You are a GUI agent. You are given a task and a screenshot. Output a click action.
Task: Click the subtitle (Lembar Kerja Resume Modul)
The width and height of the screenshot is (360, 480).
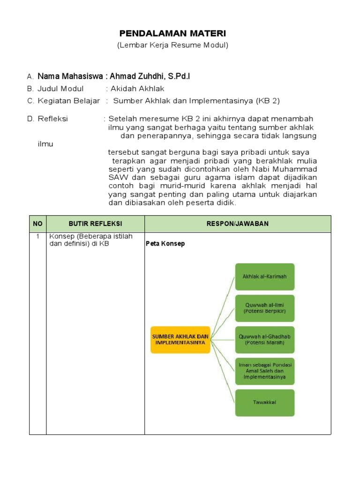pos(172,45)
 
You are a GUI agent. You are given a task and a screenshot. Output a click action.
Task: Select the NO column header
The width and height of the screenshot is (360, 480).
pos(37,224)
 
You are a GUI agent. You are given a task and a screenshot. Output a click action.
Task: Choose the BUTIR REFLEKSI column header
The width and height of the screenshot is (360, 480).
pos(95,224)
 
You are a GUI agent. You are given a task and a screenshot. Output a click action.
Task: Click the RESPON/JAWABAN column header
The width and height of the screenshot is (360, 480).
pos(238,224)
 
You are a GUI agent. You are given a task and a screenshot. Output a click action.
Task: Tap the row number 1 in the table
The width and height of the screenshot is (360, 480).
pos(37,236)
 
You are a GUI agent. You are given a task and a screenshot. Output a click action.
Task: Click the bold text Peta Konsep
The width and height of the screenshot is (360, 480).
pos(165,244)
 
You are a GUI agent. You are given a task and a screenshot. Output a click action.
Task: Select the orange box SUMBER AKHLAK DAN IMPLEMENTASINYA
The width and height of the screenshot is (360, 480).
pos(180,339)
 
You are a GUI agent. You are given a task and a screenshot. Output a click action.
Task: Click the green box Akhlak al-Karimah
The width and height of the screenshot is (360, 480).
pos(264,277)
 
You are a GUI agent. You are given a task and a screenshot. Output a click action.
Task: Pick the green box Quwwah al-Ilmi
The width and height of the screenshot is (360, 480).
pos(264,308)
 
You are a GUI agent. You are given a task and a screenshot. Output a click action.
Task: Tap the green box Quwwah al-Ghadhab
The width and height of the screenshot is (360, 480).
pos(264,339)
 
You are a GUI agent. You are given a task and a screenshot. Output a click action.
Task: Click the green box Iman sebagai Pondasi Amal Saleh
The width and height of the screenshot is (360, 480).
pos(264,371)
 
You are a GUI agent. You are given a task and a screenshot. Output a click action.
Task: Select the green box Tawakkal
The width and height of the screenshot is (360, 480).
pos(264,402)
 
